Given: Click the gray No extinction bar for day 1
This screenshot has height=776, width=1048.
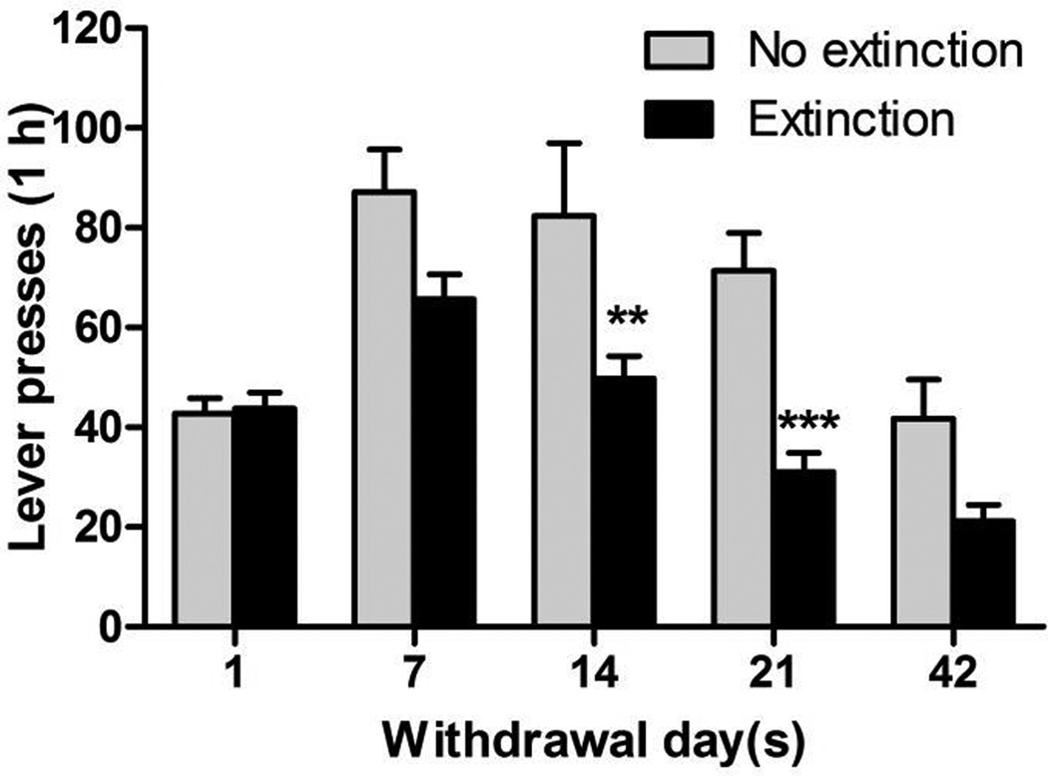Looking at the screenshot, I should [x=203, y=520].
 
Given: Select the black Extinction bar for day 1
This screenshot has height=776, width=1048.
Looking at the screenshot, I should [x=263, y=517].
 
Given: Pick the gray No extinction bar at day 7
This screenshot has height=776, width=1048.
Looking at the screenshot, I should [x=383, y=409].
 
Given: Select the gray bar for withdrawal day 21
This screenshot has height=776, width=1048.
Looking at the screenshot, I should [x=744, y=448].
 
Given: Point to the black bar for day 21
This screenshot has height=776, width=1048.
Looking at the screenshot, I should [x=804, y=549].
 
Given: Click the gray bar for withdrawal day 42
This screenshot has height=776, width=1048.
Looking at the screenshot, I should [x=923, y=522].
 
